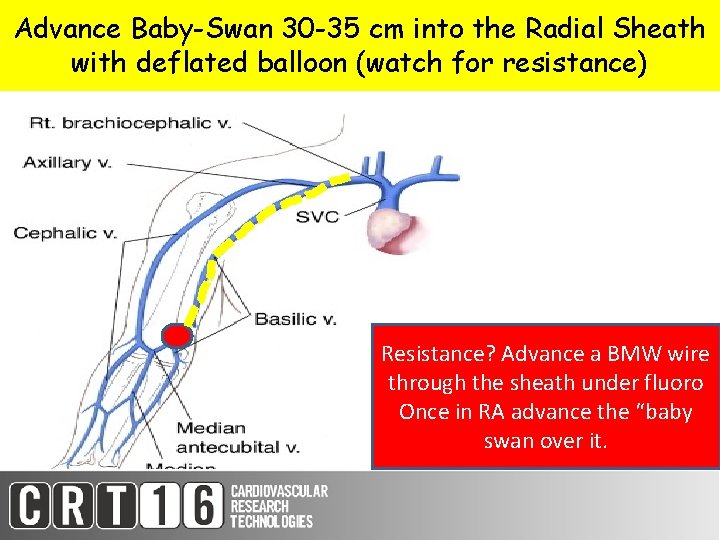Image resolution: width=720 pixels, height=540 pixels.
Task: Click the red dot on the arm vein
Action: (177, 336)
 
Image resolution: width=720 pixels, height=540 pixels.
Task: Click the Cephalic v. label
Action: (65, 233)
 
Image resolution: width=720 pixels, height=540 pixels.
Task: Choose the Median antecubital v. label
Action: (238, 436)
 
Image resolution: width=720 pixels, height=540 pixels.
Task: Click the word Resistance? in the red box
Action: (438, 354)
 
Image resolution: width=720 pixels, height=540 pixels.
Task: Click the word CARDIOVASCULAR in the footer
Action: (279, 492)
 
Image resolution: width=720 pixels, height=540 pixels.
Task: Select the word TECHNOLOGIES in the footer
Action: (271, 521)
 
